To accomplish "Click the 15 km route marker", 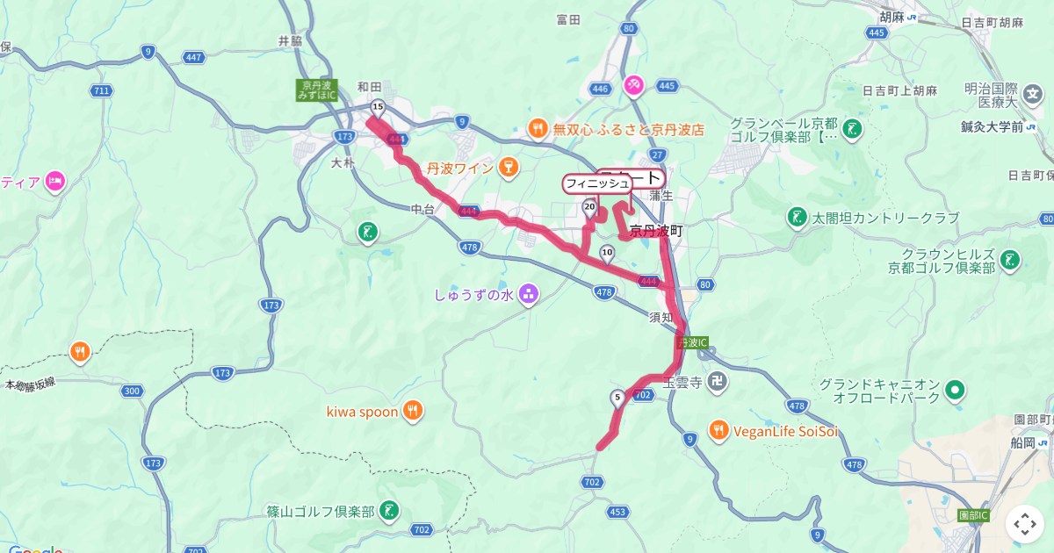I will click(x=378, y=108).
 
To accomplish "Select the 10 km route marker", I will click(x=607, y=254).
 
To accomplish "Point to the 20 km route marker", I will click(x=589, y=207).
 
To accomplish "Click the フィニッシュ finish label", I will click(x=596, y=183).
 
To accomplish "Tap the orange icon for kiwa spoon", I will click(x=413, y=411).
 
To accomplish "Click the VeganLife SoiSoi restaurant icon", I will click(x=718, y=430).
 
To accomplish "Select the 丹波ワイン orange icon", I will click(x=507, y=166).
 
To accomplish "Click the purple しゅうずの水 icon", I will click(x=529, y=294).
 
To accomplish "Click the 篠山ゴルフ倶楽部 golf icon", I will click(x=388, y=510).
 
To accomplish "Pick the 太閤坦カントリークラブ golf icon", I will click(x=797, y=217).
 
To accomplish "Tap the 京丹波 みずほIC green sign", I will click(x=315, y=90).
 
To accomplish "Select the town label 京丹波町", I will click(x=656, y=231).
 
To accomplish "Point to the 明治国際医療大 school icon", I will click(x=1035, y=92).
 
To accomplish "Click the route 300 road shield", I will click(x=133, y=391).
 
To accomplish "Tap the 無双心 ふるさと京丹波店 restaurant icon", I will click(x=538, y=129).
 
